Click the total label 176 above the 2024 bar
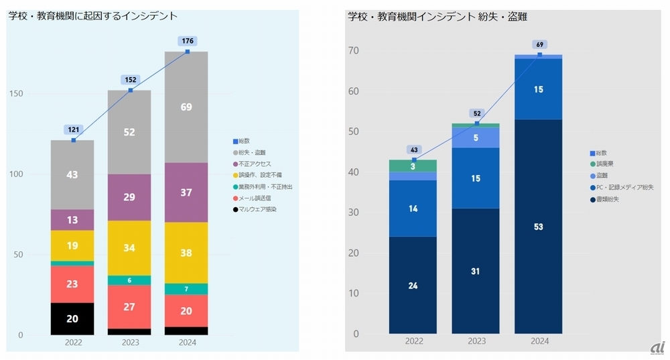187,41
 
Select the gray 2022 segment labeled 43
72,174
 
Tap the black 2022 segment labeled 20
72,319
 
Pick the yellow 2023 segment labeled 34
129,248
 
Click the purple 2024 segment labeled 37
187,192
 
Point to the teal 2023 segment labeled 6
129,280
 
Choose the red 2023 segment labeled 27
129,307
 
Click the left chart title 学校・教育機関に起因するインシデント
93,15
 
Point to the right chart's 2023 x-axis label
476,341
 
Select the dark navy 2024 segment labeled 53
539,227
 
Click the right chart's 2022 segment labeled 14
413,208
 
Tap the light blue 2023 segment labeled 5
476,137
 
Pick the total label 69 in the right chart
539,44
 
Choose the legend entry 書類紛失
608,198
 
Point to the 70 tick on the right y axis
354,51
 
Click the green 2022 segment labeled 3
413,166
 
